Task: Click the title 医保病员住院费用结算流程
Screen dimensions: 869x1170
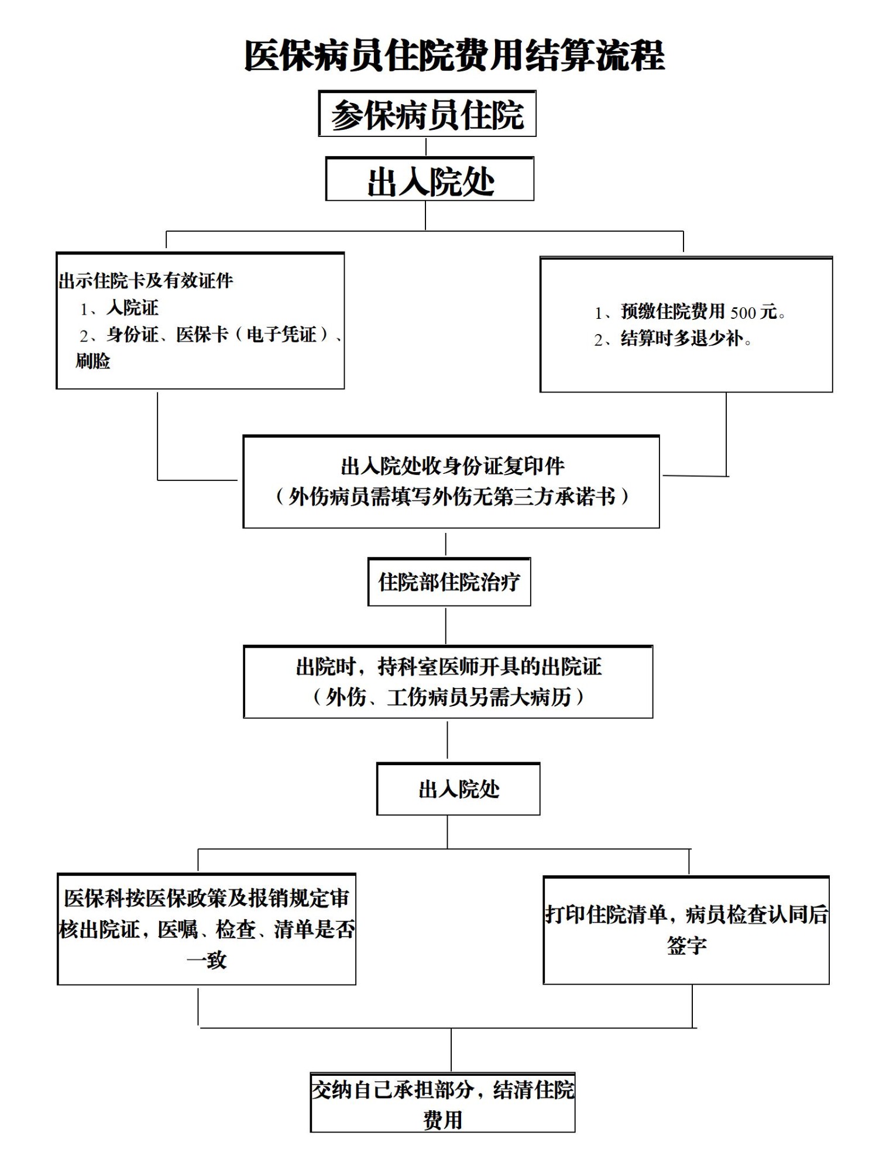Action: (454, 56)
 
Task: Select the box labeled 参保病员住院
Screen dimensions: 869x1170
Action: (427, 113)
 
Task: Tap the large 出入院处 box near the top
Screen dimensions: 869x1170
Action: (430, 179)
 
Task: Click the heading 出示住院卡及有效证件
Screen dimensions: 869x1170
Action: (146, 281)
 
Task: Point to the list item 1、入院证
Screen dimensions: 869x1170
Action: (119, 308)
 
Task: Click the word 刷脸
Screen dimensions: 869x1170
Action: (92, 361)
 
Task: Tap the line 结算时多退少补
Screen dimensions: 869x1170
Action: (673, 339)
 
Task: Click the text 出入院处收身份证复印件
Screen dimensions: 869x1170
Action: (452, 466)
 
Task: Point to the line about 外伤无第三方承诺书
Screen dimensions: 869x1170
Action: (452, 496)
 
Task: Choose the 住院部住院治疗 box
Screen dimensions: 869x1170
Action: (449, 581)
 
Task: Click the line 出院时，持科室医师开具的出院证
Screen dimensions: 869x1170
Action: (449, 666)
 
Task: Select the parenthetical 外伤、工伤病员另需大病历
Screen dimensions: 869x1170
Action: (448, 697)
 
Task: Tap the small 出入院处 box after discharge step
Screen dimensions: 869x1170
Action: (458, 789)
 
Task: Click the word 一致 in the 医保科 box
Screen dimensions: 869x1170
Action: (207, 960)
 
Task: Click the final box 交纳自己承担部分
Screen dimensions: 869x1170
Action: (442, 1102)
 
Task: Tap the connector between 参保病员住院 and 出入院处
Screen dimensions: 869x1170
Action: (426, 147)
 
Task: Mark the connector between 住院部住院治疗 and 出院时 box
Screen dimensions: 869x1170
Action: (446, 626)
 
